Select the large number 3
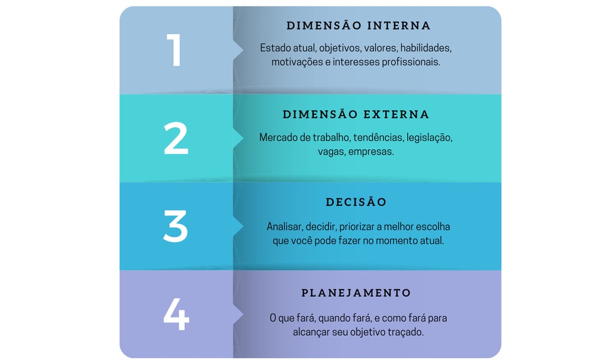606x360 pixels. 175,226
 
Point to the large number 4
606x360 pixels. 176,314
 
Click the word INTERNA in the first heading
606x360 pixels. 399,26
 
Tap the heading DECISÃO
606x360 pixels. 356,202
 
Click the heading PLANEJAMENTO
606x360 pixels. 356,293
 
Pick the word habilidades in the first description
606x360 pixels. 425,48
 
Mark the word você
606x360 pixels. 299,241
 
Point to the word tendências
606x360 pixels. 378,137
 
